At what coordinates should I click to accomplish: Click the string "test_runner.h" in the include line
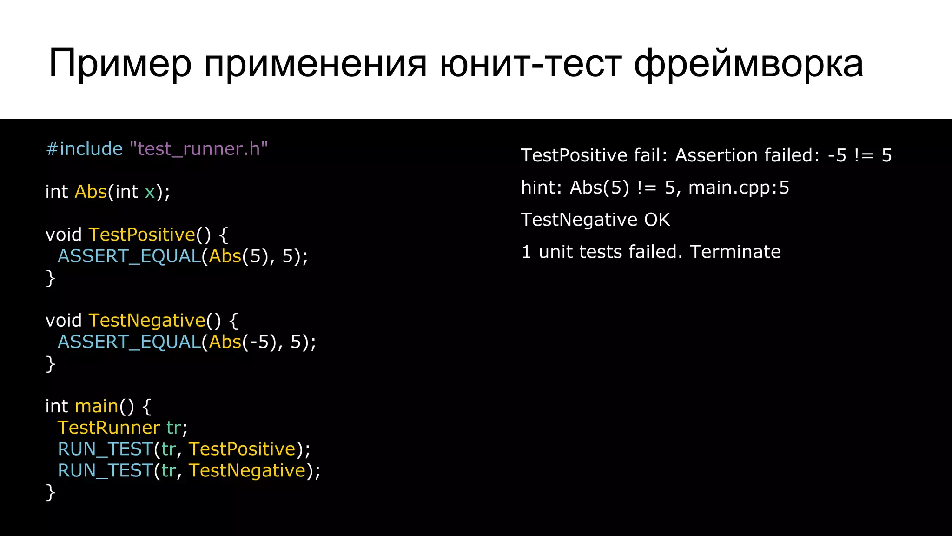[198, 149]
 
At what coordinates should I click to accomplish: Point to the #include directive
[84, 149]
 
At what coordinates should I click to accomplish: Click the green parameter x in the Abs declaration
[150, 192]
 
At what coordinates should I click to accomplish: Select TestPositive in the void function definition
[142, 234]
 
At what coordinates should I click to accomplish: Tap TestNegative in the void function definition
[147, 321]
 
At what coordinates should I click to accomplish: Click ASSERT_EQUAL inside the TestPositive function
[129, 256]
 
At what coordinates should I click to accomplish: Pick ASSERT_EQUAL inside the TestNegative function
[129, 342]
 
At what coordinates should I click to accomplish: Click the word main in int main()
[97, 406]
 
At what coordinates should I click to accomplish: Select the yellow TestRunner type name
[108, 428]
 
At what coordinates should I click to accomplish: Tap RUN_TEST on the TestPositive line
[105, 449]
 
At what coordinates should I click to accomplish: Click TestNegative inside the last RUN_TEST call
[247, 471]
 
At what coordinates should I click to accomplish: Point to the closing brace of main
[50, 492]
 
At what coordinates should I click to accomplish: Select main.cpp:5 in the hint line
[739, 188]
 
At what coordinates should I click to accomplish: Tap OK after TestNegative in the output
[656, 220]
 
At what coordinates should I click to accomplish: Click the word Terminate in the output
[735, 252]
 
